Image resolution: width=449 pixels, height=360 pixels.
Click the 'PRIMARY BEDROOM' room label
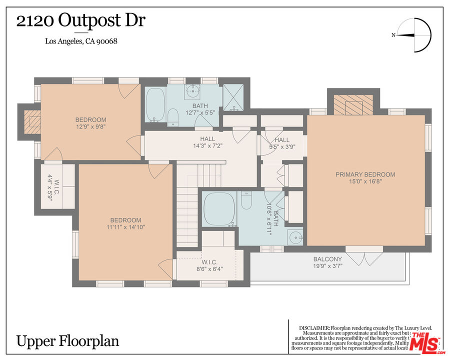[x=365, y=174]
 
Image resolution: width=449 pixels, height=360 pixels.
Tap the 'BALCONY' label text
[x=327, y=259]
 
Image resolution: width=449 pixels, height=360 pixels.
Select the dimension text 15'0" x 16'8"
[x=365, y=181]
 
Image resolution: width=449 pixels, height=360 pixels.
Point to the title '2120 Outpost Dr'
[x=82, y=21]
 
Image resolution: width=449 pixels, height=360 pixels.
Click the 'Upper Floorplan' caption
[x=68, y=341]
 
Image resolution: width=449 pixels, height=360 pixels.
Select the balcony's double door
[x=364, y=258]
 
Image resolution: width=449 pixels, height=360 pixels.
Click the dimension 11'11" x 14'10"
[x=125, y=227]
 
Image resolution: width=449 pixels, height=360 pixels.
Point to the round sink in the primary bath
[x=295, y=236]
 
